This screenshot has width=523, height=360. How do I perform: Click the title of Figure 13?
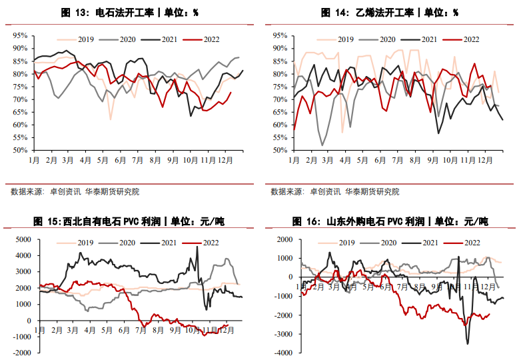(x=130, y=13)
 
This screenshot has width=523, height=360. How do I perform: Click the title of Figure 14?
(x=390, y=13)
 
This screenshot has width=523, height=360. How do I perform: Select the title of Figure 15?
(x=130, y=221)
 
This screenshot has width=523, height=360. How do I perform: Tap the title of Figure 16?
(x=390, y=221)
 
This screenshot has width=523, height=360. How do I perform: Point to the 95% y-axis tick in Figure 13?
(x=19, y=35)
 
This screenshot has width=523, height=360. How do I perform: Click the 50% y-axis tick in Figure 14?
(x=280, y=151)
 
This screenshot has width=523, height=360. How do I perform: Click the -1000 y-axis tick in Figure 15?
(x=21, y=337)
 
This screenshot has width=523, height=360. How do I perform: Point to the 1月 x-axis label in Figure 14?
(x=294, y=160)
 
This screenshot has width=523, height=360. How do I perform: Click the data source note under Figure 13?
(x=75, y=192)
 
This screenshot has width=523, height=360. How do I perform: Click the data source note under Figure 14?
(x=335, y=192)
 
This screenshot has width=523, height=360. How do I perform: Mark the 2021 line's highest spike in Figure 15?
(x=197, y=247)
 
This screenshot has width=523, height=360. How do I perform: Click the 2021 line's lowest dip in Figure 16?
(x=468, y=343)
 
